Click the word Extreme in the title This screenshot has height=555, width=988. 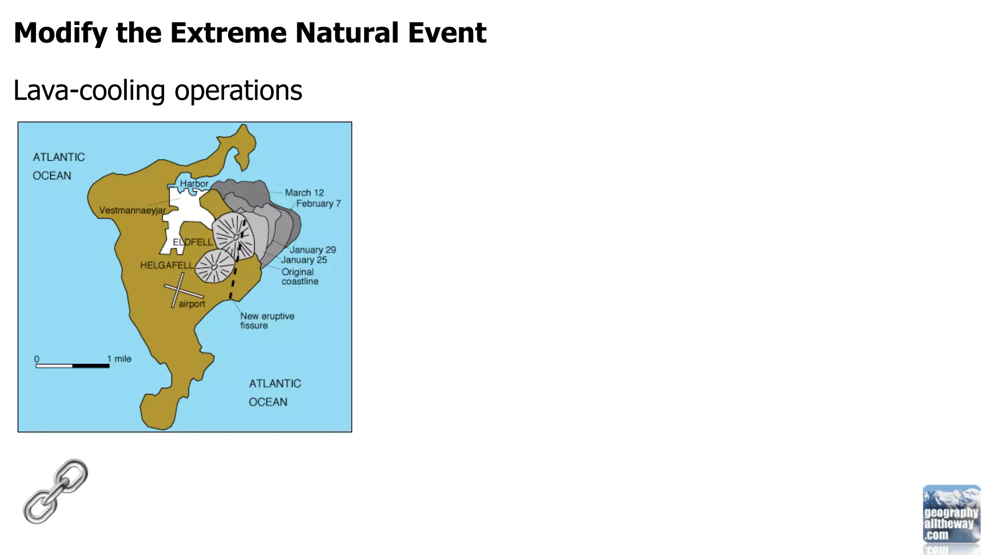point(228,33)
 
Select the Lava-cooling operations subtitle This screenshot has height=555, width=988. point(158,91)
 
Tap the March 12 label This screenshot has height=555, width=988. point(304,193)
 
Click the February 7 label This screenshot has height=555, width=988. point(318,204)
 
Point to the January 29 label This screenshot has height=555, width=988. point(313,250)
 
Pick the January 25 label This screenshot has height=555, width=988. point(304,260)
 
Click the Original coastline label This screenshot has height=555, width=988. point(299,277)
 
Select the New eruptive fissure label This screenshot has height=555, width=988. point(267,320)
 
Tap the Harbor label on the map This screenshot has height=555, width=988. point(194,184)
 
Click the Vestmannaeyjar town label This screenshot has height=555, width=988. point(132,211)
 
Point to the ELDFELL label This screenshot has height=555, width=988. point(192,242)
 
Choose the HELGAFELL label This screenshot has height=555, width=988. point(166,265)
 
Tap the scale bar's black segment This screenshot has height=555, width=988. point(91,366)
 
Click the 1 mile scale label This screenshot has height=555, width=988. point(119,359)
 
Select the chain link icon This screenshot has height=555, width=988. point(55,491)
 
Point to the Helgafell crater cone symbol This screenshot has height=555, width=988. point(214,266)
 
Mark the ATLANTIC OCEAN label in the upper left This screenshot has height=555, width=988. point(58,166)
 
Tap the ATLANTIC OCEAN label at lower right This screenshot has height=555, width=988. point(274,393)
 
